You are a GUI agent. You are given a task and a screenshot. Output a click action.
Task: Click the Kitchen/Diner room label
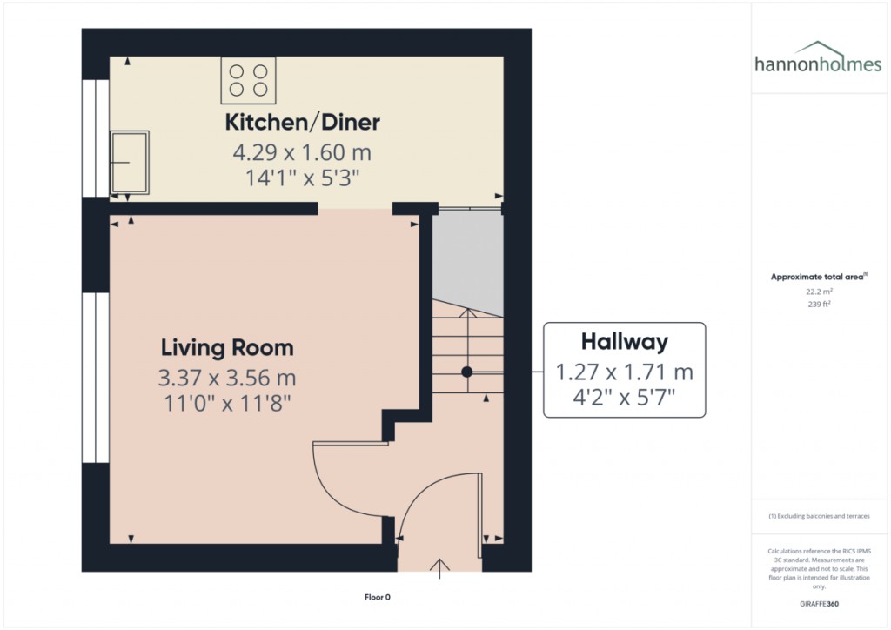pyautogui.click(x=302, y=122)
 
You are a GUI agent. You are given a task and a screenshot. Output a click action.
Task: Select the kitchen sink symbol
pyautogui.click(x=129, y=162)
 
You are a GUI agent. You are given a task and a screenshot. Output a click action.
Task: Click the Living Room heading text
pyautogui.click(x=227, y=348)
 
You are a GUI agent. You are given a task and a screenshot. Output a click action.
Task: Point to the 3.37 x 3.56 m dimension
pyautogui.click(x=227, y=379)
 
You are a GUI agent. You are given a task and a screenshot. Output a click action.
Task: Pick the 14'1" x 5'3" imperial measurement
pyautogui.click(x=302, y=178)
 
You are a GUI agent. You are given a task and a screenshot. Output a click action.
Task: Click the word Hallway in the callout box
pyautogui.click(x=625, y=340)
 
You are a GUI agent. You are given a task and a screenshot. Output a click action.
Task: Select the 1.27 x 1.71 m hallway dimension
pyautogui.click(x=625, y=372)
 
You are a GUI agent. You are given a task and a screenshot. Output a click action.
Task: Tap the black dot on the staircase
pyautogui.click(x=466, y=371)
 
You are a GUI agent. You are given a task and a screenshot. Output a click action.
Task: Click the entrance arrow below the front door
pyautogui.click(x=440, y=567)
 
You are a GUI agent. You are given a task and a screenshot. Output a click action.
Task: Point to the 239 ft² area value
pyautogui.click(x=818, y=305)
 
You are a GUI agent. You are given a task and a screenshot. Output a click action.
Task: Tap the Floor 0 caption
pyautogui.click(x=378, y=597)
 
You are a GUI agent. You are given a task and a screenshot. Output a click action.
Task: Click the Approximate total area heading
pyautogui.click(x=818, y=277)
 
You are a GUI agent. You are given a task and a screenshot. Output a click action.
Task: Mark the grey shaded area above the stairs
pyautogui.click(x=468, y=261)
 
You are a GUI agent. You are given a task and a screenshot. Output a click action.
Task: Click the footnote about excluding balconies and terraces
pyautogui.click(x=819, y=516)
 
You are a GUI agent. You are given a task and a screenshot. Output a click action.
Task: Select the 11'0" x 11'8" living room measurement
pyautogui.click(x=227, y=404)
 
